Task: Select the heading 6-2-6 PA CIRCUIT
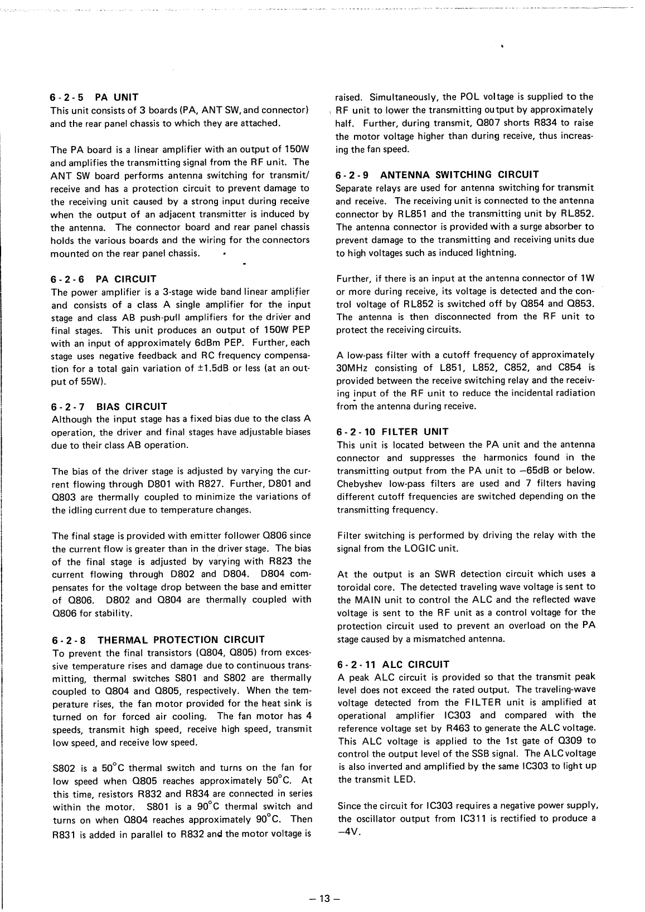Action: pos(104,279)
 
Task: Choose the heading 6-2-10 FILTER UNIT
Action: pos(393,431)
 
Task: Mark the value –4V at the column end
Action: pos(350,832)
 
